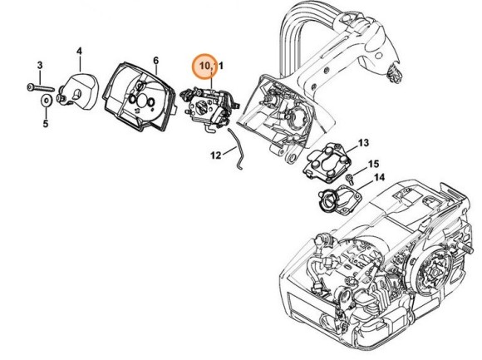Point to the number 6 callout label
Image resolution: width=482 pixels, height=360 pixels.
pos(155,60)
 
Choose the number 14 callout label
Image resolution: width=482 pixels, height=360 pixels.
pos(379,178)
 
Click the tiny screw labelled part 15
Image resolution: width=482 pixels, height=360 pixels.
pos(354,176)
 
